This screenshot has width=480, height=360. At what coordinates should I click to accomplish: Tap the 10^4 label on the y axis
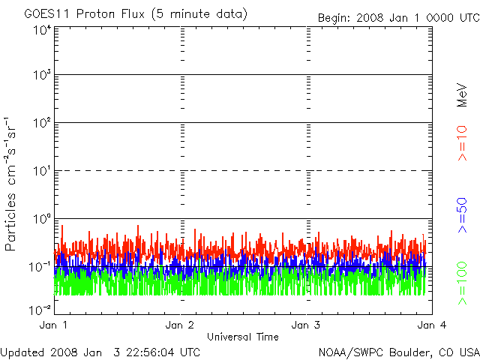pos(40,31)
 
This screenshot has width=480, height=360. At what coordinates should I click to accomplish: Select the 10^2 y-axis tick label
pos(40,124)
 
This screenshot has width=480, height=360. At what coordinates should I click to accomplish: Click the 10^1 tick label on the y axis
pos(40,172)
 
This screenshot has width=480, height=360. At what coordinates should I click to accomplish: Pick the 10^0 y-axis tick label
pos(40,220)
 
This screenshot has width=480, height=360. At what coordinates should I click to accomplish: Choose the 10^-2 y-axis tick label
pos(39,309)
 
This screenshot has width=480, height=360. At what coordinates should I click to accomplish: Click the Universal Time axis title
pos(242,337)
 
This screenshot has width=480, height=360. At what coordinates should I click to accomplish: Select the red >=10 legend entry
pos(462,144)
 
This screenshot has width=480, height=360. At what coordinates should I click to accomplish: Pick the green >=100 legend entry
pos(462,283)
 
